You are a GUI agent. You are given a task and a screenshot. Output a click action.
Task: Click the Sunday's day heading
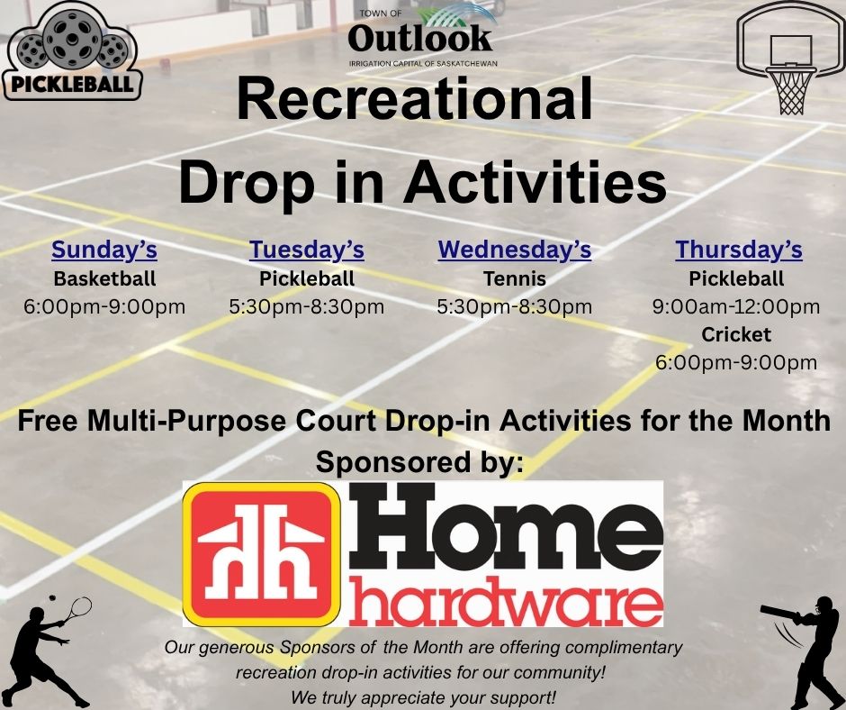click(x=104, y=250)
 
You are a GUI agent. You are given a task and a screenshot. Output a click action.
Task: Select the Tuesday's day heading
click(x=307, y=250)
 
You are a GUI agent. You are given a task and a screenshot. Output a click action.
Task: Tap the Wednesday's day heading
click(x=515, y=250)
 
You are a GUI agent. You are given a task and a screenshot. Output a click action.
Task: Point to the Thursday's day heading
click(x=739, y=250)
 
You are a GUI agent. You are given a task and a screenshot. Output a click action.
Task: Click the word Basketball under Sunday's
click(x=104, y=278)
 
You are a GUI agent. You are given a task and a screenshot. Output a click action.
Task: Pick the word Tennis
click(x=515, y=278)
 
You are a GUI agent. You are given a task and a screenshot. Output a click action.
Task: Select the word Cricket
click(x=736, y=334)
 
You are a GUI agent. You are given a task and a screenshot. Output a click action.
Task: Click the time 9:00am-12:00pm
click(x=736, y=307)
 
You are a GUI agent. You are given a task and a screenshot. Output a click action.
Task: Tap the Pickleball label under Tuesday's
click(x=307, y=278)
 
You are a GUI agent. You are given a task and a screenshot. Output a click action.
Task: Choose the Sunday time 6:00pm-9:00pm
click(x=104, y=307)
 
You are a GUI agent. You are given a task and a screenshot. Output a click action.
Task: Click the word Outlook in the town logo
click(x=419, y=38)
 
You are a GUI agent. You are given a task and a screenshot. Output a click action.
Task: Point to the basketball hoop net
click(x=791, y=90)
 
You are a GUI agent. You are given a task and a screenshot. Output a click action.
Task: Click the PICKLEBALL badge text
click(x=72, y=85)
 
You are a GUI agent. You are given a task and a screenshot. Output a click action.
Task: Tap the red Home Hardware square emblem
click(x=262, y=554)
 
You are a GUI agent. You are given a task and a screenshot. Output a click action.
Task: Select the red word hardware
click(x=506, y=601)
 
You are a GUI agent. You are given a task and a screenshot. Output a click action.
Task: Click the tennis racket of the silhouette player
click(x=76, y=610)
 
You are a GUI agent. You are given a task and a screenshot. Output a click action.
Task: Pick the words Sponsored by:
click(x=419, y=462)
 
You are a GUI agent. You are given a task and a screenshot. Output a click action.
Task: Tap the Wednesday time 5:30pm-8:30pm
click(x=515, y=307)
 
